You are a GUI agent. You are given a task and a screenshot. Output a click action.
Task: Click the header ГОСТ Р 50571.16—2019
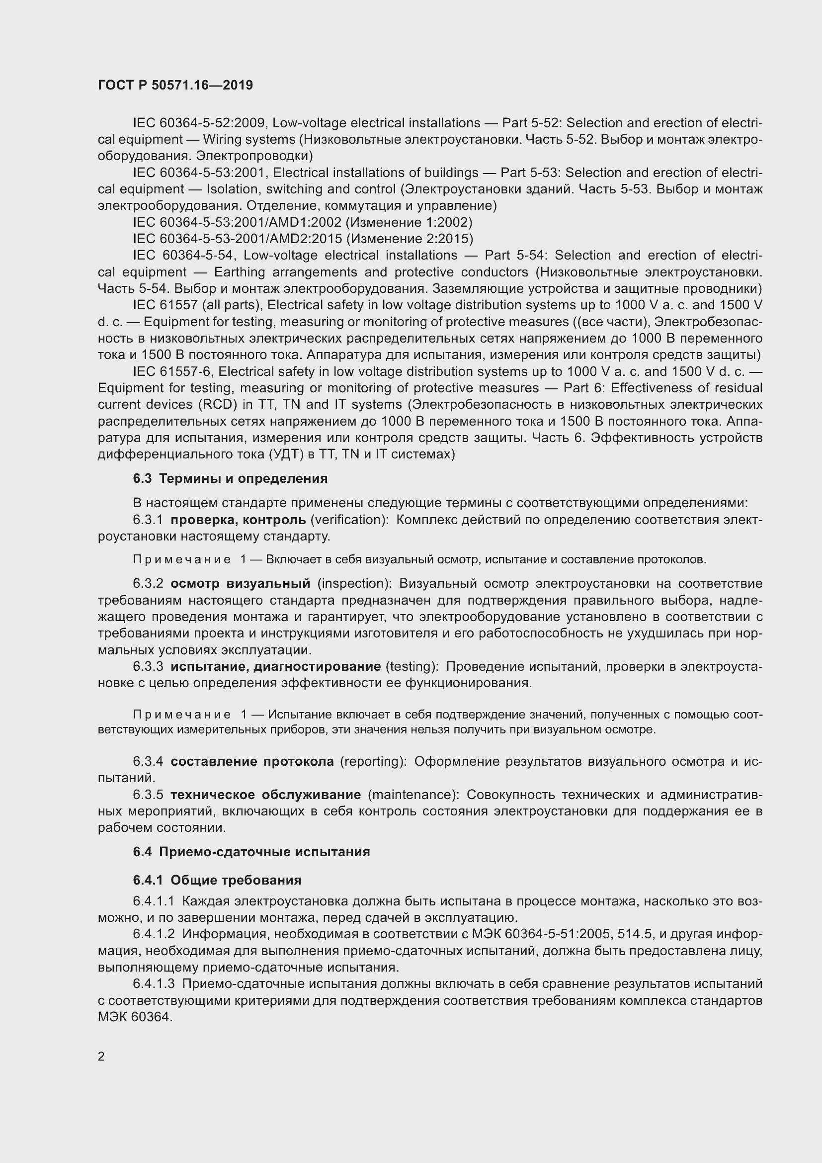click(x=175, y=85)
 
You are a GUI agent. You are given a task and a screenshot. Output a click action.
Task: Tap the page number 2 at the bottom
click(x=101, y=1056)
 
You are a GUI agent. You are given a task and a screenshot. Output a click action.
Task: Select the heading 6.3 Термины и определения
click(x=230, y=478)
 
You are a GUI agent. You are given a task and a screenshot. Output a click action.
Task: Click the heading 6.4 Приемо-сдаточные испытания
click(x=251, y=851)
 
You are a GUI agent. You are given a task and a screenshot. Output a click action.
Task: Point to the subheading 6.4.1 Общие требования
click(x=217, y=880)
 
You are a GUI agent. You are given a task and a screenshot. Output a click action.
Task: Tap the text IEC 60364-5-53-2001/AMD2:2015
click(x=238, y=239)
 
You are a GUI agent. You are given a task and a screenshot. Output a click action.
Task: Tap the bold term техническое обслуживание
click(x=266, y=794)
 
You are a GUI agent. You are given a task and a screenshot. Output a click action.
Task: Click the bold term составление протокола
click(x=252, y=761)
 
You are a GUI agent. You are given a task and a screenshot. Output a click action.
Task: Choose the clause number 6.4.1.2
click(x=154, y=934)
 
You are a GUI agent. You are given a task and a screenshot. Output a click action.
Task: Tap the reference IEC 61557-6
click(x=171, y=372)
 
